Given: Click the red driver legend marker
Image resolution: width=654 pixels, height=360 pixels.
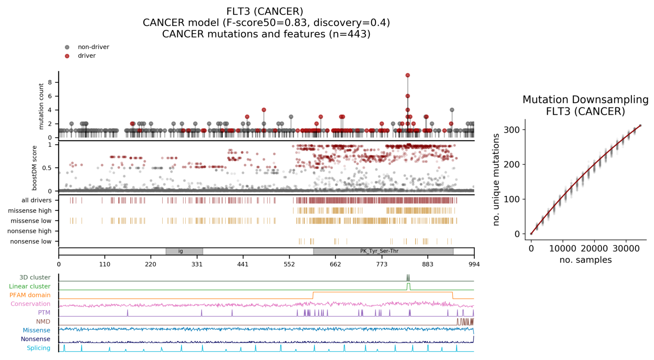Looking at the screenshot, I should [x=67, y=56].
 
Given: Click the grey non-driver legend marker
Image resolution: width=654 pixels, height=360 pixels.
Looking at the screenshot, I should [x=67, y=47].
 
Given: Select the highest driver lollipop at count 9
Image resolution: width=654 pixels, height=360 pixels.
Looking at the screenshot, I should [x=408, y=75].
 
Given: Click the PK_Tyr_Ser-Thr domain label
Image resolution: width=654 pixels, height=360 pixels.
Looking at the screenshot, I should [x=379, y=251].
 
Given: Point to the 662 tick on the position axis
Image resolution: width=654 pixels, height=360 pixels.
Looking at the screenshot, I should [x=336, y=265].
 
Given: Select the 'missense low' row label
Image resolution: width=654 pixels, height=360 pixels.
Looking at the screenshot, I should [x=31, y=221].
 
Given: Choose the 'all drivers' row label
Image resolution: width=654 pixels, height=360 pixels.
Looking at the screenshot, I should [x=36, y=200].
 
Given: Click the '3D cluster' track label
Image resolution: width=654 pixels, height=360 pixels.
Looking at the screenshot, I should [x=35, y=278].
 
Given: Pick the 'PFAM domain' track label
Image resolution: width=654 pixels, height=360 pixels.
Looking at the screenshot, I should [x=30, y=295].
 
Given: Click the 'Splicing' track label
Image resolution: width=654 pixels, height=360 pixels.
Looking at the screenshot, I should [x=38, y=348].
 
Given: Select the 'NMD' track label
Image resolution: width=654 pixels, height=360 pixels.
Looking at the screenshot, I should [x=43, y=321].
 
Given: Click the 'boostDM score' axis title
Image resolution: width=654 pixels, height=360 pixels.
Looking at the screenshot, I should [x=35, y=167].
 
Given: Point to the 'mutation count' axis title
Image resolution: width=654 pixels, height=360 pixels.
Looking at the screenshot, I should [x=41, y=106].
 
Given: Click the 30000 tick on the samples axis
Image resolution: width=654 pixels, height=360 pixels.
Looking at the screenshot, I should [x=626, y=249].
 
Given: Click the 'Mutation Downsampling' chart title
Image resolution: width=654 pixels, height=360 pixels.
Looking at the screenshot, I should [x=585, y=100].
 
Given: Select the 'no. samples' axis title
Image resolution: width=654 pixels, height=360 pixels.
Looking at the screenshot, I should [x=585, y=260].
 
